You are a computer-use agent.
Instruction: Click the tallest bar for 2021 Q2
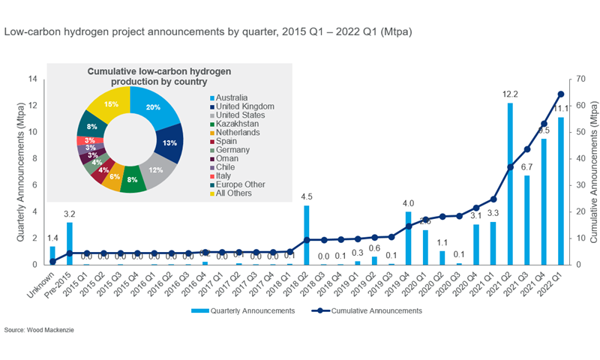point(510,184)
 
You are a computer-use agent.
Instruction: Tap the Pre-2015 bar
point(70,244)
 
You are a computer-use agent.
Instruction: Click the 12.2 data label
point(510,95)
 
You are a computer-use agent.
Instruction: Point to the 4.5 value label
point(306,197)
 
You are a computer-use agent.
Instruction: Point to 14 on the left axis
point(32,79)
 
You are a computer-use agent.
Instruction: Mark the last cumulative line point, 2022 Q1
point(561,94)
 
